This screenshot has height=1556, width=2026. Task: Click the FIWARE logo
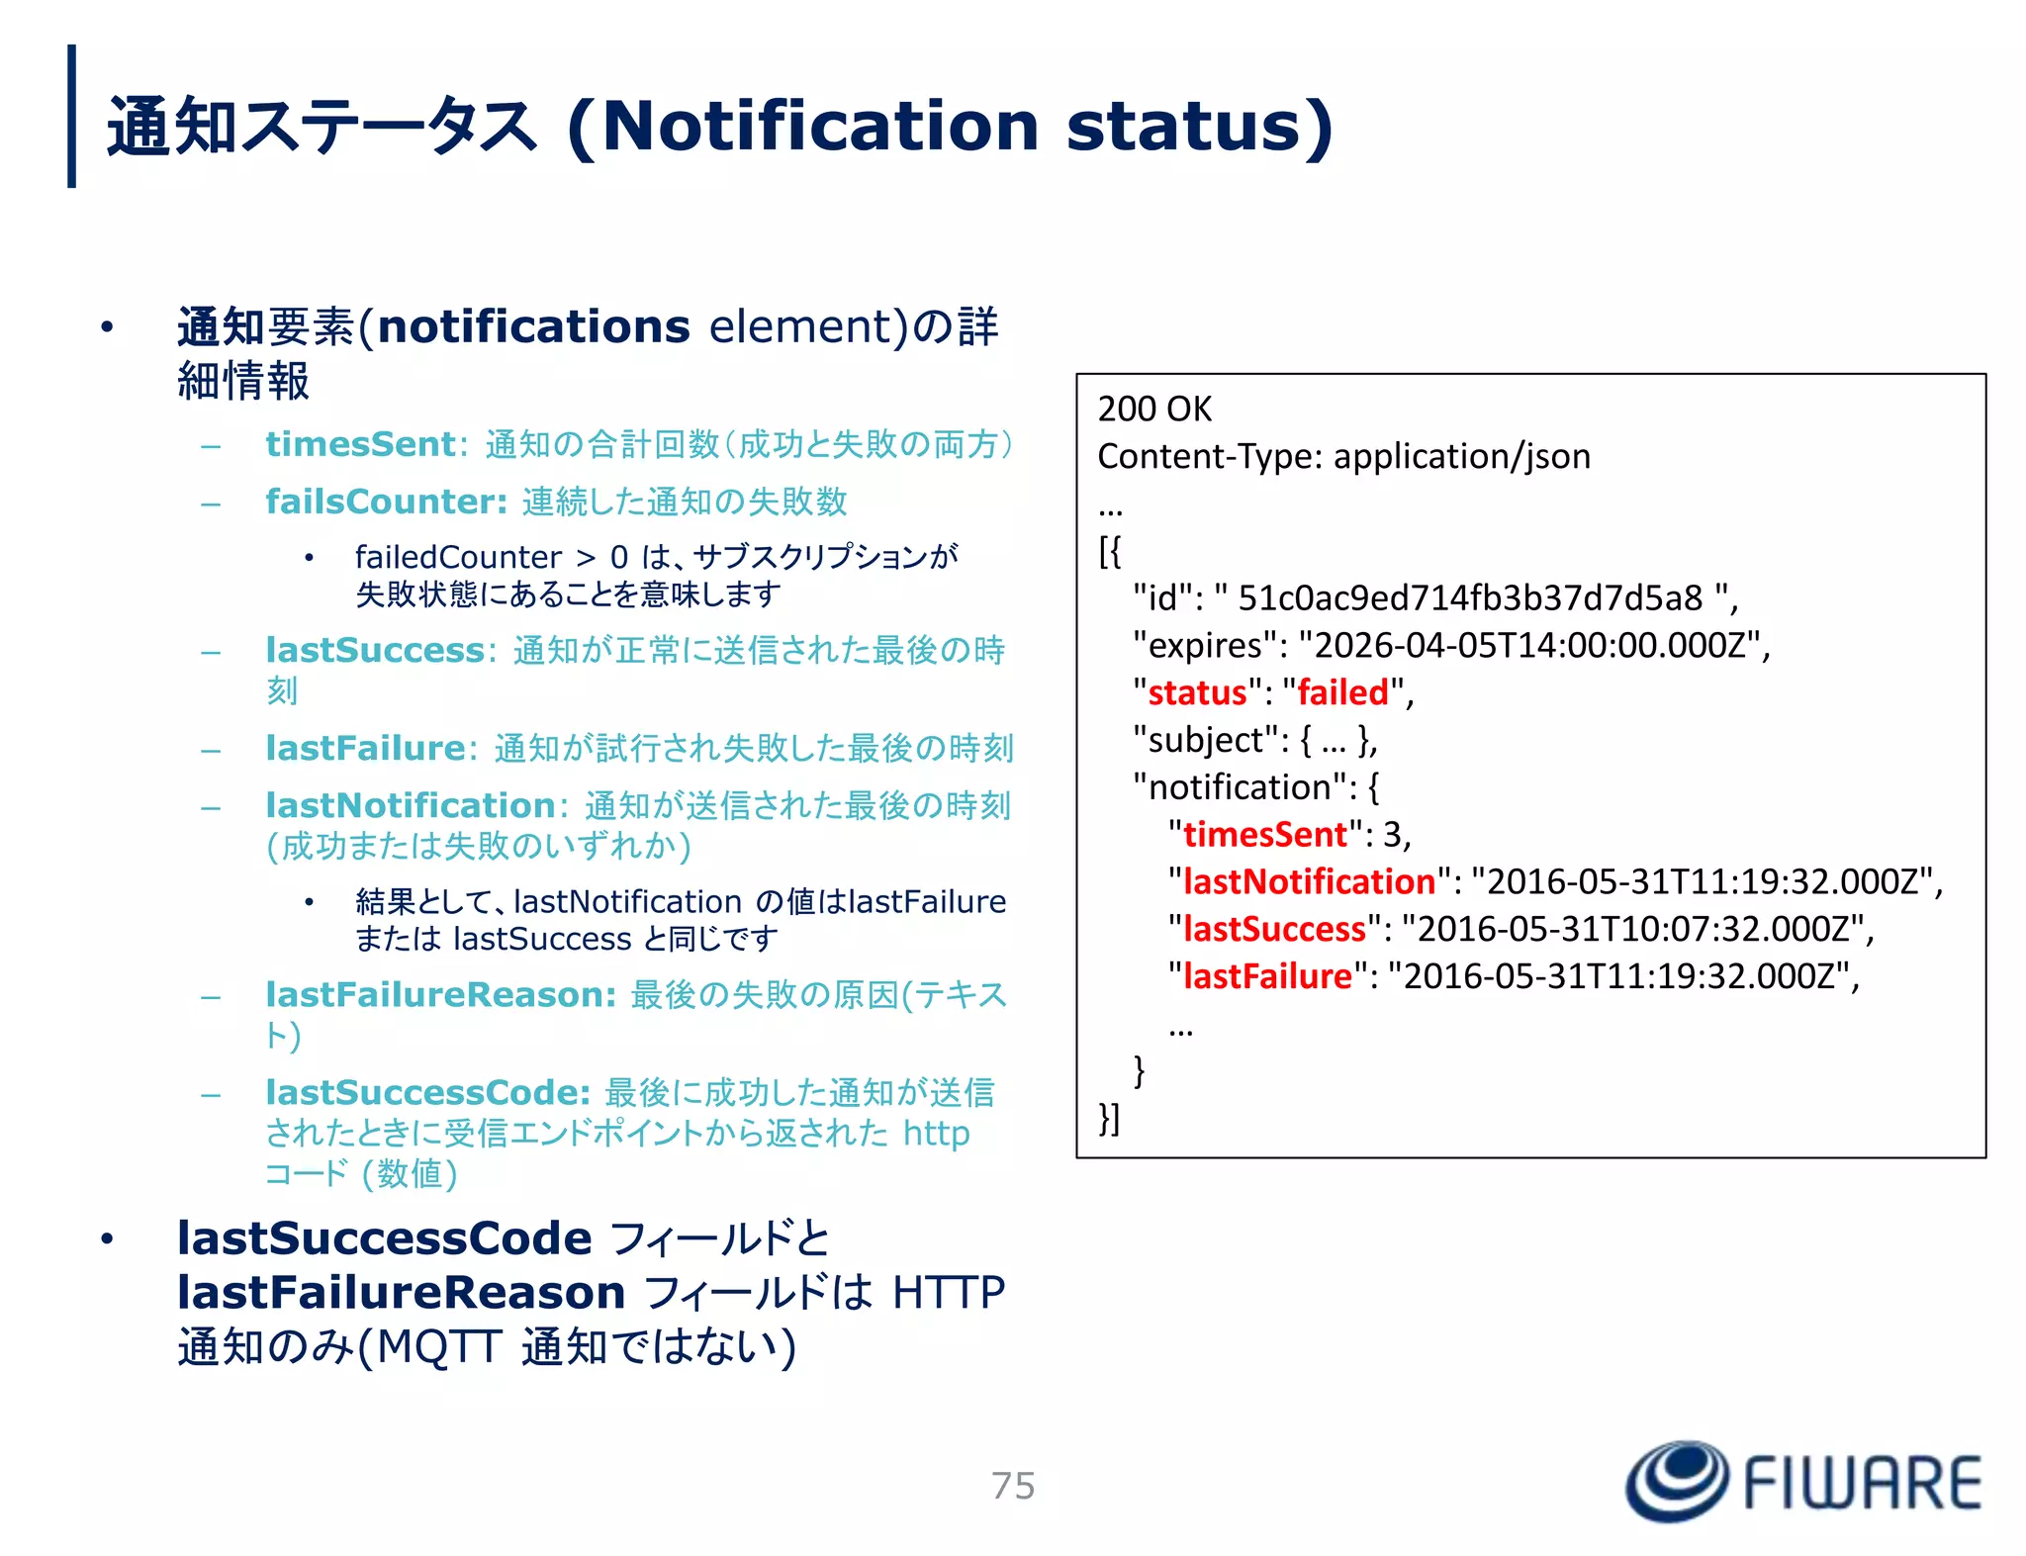click(x=1803, y=1481)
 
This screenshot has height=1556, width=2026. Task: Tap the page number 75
click(x=1013, y=1486)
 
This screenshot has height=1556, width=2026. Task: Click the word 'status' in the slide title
click(x=1182, y=127)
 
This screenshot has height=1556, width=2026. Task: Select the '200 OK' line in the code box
click(x=1153, y=409)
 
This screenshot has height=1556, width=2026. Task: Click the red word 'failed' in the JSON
click(x=1342, y=692)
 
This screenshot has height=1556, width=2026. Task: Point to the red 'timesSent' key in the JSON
click(x=1264, y=835)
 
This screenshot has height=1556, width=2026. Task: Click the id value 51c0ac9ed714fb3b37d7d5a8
click(x=1470, y=598)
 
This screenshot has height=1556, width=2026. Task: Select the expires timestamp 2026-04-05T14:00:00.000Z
click(x=1528, y=645)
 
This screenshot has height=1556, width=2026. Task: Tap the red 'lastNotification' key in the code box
click(x=1308, y=881)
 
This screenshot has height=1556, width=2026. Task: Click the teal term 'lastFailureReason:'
click(x=441, y=994)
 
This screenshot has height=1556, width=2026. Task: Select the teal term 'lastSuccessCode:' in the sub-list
click(x=427, y=1092)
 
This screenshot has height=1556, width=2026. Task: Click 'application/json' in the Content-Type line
click(x=1461, y=456)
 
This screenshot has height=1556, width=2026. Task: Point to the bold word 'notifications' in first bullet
click(x=532, y=326)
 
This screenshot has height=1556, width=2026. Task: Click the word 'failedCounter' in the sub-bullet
click(x=457, y=557)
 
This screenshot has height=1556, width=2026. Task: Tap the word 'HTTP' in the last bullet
click(x=948, y=1292)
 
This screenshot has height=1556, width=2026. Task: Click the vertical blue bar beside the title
click(x=71, y=116)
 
